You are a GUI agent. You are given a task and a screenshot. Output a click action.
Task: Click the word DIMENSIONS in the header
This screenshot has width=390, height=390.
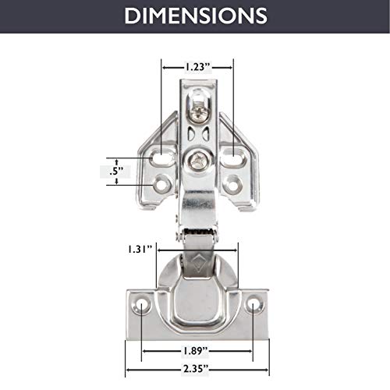(195, 16)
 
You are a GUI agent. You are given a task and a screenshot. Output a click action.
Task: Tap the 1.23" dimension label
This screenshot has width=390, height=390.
(197, 67)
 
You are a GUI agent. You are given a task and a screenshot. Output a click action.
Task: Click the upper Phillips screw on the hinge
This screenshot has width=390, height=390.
(196, 114)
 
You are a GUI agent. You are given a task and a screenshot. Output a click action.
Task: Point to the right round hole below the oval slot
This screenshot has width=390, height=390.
(232, 185)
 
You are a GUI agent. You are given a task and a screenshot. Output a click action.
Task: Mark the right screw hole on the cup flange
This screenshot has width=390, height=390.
(254, 305)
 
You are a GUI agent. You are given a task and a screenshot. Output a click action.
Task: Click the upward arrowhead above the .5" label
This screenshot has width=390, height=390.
(117, 158)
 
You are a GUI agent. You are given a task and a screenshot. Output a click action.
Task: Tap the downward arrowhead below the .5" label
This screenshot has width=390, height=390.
(117, 180)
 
